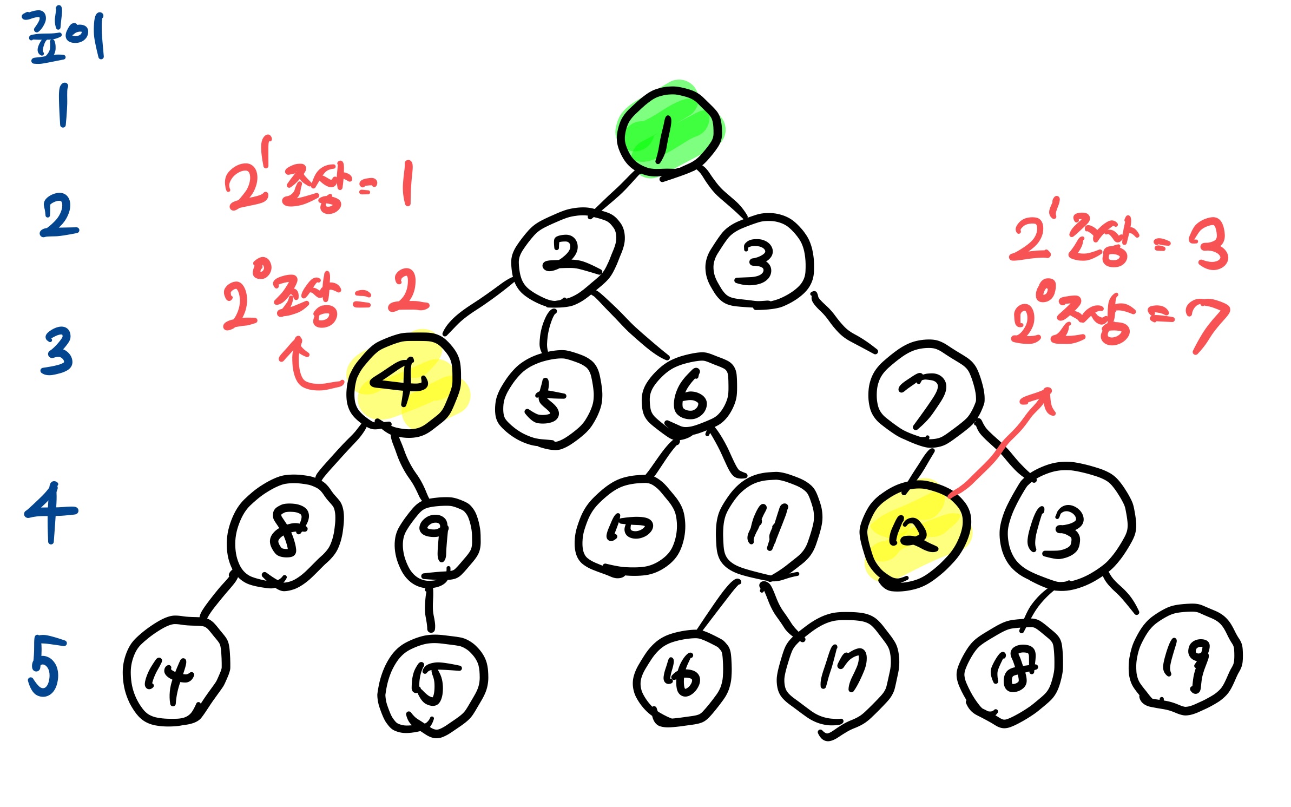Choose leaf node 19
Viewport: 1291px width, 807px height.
point(1185,661)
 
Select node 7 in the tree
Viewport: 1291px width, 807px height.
point(926,394)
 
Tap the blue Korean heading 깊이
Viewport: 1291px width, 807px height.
point(64,35)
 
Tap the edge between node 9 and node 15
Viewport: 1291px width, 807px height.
point(429,609)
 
